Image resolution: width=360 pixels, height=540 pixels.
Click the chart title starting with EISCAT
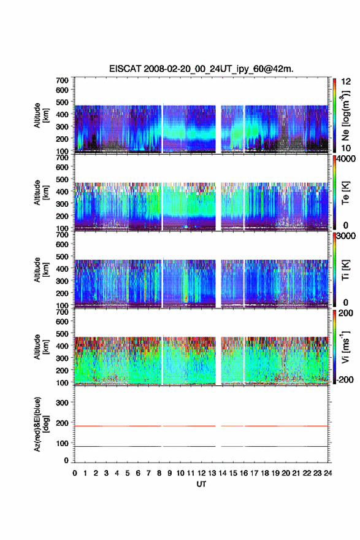point(201,69)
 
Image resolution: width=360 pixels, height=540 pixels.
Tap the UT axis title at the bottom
point(201,484)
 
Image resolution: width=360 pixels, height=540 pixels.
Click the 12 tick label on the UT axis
point(201,473)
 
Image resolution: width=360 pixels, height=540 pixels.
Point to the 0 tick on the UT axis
point(75,473)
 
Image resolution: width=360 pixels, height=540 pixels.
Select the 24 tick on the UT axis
point(327,473)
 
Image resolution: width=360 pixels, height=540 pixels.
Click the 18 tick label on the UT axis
point(265,473)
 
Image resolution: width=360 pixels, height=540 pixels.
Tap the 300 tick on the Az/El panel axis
point(62,403)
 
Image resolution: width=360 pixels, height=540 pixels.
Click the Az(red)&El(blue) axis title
point(40,424)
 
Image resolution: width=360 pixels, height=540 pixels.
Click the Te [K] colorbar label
point(345,193)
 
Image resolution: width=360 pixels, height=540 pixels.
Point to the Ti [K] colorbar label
point(345,270)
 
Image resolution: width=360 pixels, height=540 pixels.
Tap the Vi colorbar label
point(345,347)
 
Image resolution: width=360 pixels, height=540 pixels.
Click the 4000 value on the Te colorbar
point(345,160)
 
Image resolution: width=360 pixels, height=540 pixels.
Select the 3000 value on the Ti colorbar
point(345,236)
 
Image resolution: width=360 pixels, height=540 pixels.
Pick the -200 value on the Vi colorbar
point(344,380)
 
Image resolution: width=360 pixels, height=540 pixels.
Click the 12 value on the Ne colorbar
point(346,82)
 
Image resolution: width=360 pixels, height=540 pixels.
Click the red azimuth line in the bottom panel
point(201,426)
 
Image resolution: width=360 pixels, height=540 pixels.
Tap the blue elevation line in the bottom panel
point(201,446)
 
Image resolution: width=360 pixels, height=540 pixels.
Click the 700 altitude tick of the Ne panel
point(62,80)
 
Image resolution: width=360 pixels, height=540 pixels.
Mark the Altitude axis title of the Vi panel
point(40,347)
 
